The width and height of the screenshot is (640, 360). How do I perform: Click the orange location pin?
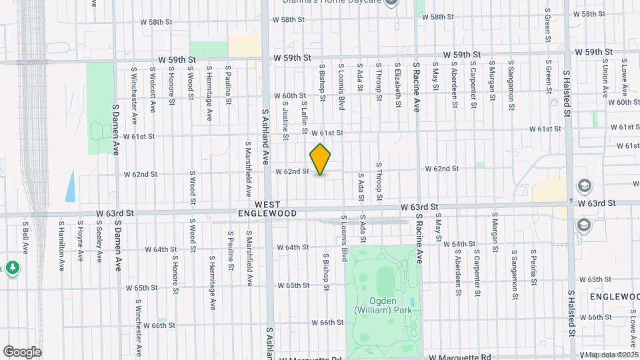[x=321, y=159]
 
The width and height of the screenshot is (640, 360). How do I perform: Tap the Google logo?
[x=22, y=351]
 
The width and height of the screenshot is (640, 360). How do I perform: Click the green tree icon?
[x=13, y=268]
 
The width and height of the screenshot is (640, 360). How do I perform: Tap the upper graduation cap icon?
[x=584, y=186]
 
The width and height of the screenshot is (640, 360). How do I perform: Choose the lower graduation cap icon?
[x=584, y=225]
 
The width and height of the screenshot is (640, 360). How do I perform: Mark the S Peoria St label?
[x=534, y=266]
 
